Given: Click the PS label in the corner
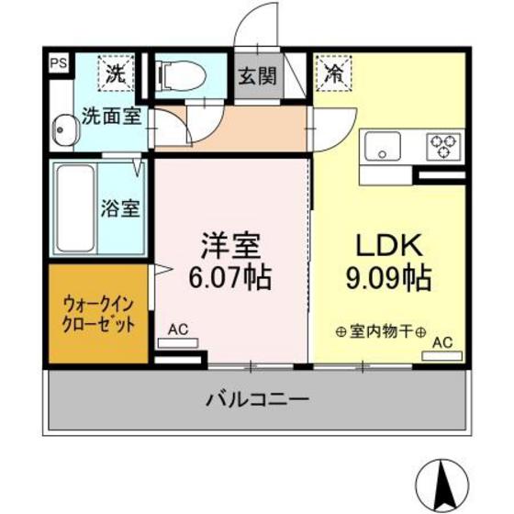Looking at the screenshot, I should (58, 63).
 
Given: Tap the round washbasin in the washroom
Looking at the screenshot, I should (61, 130).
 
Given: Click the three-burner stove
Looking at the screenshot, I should (443, 145).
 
